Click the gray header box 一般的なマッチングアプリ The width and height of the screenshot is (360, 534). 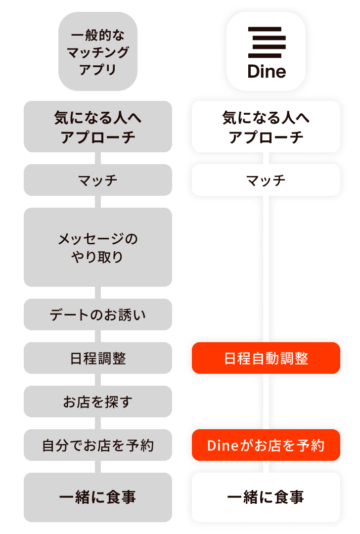pos(98,51)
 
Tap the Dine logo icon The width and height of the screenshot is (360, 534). pos(266,51)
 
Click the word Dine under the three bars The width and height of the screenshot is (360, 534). pos(267,71)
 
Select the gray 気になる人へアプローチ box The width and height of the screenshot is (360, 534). pos(98,127)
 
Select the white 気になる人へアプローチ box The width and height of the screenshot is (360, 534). pos(266,127)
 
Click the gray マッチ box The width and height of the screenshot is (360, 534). pos(98,180)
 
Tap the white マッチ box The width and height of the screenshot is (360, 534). pos(266,180)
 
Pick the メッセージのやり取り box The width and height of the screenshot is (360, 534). pos(98,247)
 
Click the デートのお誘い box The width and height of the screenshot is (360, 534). pos(98,314)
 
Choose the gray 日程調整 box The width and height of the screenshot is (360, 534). pos(98,358)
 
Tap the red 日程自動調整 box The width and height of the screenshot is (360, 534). pos(266,358)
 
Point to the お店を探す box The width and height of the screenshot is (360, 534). pos(98,401)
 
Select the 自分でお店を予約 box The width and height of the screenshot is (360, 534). pos(98,445)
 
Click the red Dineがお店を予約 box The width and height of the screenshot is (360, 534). pos(266,445)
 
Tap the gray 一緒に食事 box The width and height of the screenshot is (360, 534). pos(98,497)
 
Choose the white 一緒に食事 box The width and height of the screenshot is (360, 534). pos(266,497)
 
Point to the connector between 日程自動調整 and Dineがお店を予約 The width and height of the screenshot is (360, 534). pos(266,401)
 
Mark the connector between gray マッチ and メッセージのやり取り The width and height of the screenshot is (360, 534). pos(98,202)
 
